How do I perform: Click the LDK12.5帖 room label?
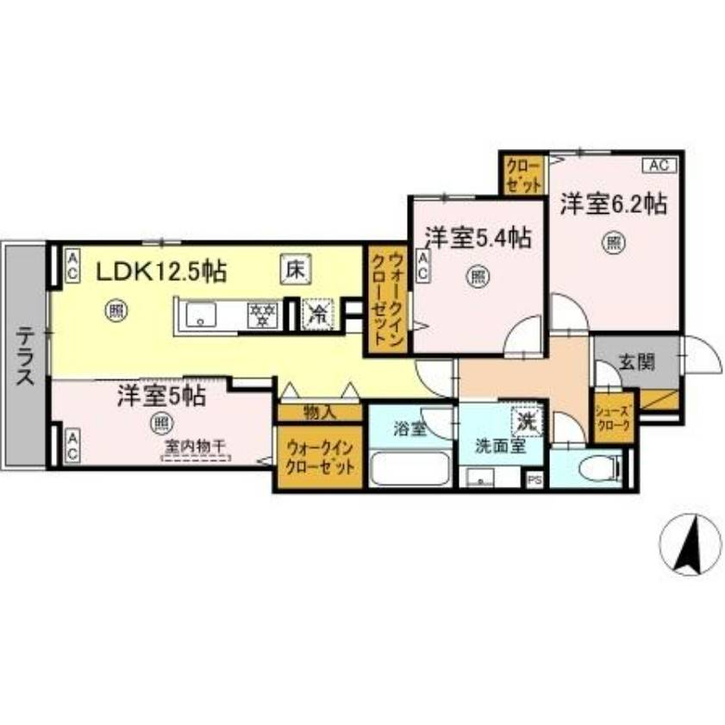pyautogui.click(x=160, y=272)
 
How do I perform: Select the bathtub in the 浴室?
pyautogui.click(x=409, y=472)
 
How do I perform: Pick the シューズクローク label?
pyautogui.click(x=614, y=418)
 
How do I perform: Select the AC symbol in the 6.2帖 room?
pyautogui.click(x=659, y=164)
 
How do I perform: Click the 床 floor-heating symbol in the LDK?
pyautogui.click(x=294, y=269)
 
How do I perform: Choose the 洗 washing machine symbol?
pyautogui.click(x=526, y=421)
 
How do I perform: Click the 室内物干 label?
pyautogui.click(x=196, y=446)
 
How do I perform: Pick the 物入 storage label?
pyautogui.click(x=318, y=413)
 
